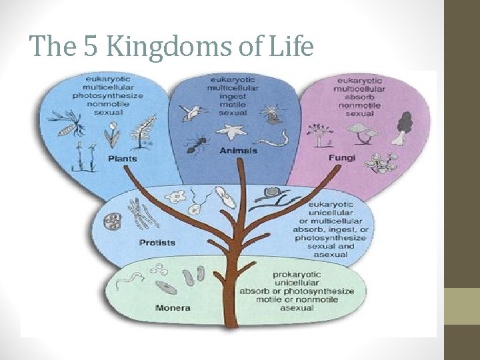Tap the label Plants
click(122, 159)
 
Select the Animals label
click(238, 151)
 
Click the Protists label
click(158, 242)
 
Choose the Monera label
click(173, 308)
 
